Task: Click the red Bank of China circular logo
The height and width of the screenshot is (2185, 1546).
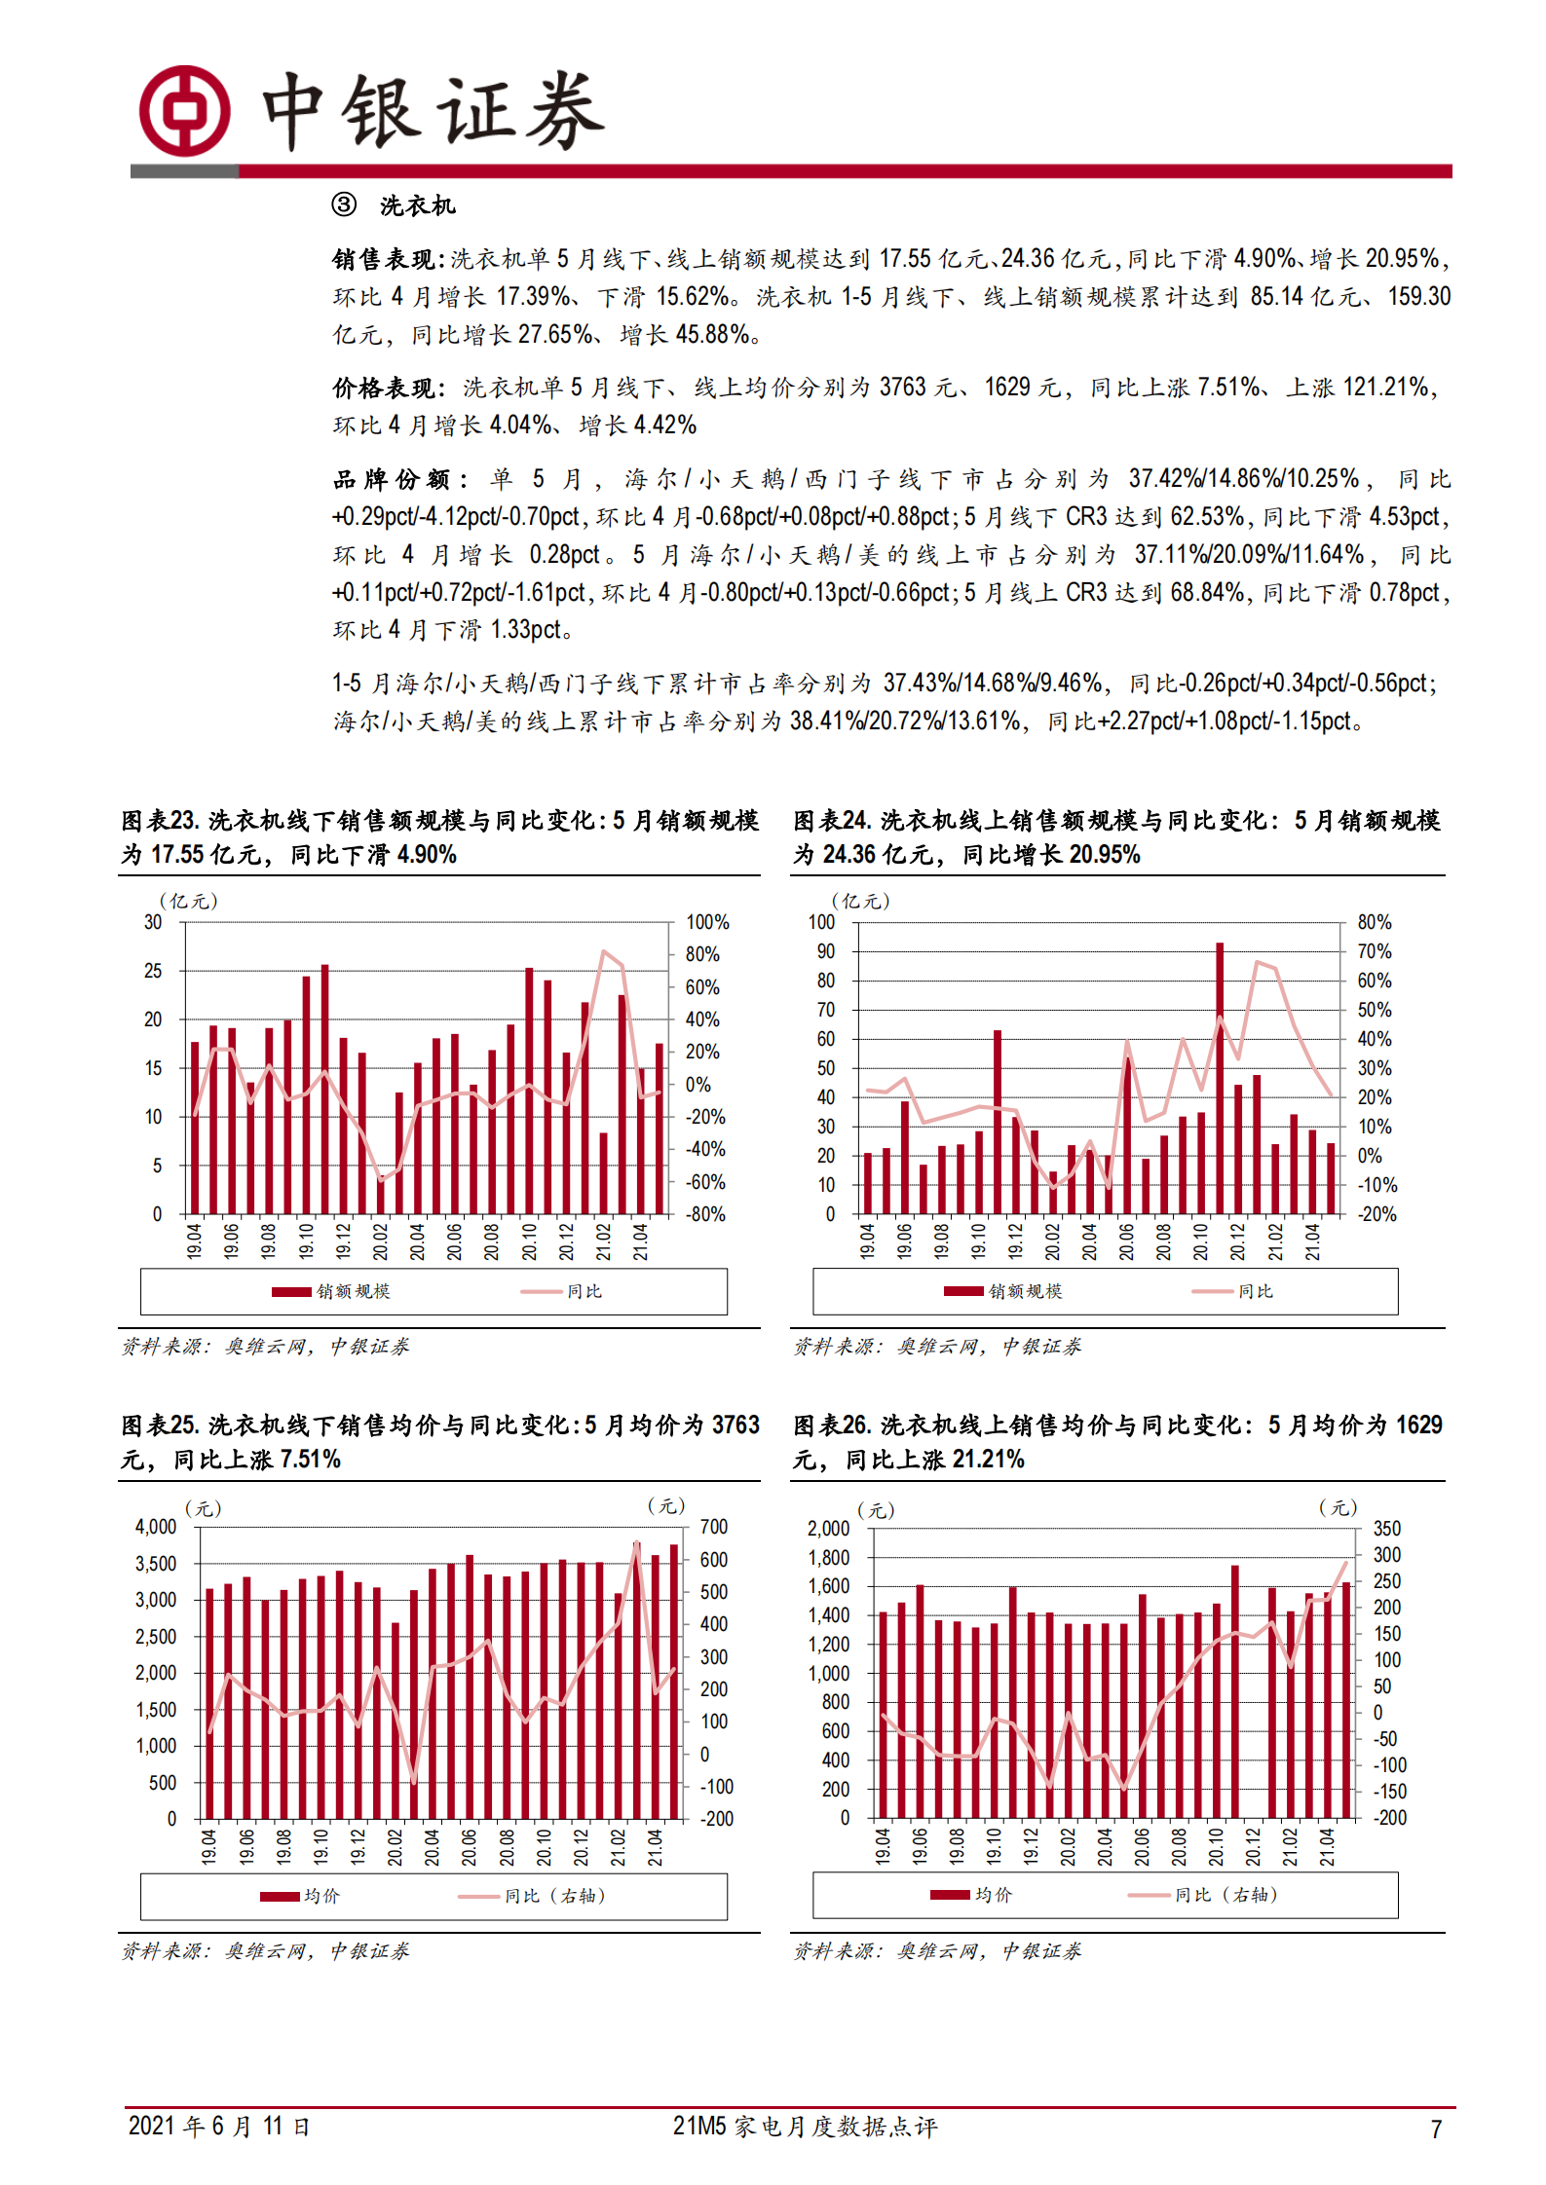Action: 184,111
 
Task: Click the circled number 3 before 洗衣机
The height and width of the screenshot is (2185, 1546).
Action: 344,204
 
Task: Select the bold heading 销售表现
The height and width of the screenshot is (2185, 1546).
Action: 386,259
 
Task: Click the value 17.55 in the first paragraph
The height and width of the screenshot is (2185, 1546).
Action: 905,259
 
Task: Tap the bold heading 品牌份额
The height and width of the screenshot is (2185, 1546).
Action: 397,479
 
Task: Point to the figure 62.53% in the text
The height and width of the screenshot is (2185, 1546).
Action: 1208,517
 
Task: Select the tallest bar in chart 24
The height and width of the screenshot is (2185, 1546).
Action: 1219,1076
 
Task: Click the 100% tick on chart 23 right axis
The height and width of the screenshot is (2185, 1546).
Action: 707,922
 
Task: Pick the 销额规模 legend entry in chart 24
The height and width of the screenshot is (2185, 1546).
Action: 1002,1291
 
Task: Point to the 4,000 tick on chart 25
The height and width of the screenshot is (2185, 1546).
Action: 156,1527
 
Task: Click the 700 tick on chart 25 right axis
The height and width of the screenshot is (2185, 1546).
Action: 713,1527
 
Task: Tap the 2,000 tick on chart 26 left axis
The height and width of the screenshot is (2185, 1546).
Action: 828,1529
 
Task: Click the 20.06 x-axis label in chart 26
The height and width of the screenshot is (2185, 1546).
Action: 1142,1846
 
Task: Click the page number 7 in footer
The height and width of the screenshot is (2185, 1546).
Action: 1435,2129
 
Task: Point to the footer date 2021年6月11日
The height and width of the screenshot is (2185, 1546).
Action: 219,2127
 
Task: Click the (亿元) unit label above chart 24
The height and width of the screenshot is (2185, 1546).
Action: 860,901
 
